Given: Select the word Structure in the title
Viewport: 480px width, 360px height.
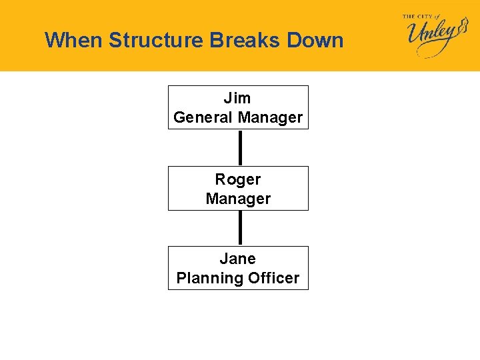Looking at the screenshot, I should (156, 40).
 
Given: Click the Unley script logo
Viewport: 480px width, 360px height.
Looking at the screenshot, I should (431, 37).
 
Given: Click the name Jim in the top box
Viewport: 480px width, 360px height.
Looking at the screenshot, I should (237, 99).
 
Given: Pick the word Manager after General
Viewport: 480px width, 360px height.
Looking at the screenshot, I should (270, 118).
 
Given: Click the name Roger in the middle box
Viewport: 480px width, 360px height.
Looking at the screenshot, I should (238, 179).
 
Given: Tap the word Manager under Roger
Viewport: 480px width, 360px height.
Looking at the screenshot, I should (238, 199).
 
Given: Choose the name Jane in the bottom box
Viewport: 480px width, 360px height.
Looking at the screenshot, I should (238, 259).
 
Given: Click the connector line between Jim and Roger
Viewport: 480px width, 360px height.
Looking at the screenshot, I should (240, 147).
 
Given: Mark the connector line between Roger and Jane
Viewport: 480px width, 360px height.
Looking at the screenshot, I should (240, 228).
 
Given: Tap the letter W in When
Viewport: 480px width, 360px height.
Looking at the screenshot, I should (54, 40).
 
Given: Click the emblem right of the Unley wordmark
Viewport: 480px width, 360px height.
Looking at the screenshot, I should (462, 31).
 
